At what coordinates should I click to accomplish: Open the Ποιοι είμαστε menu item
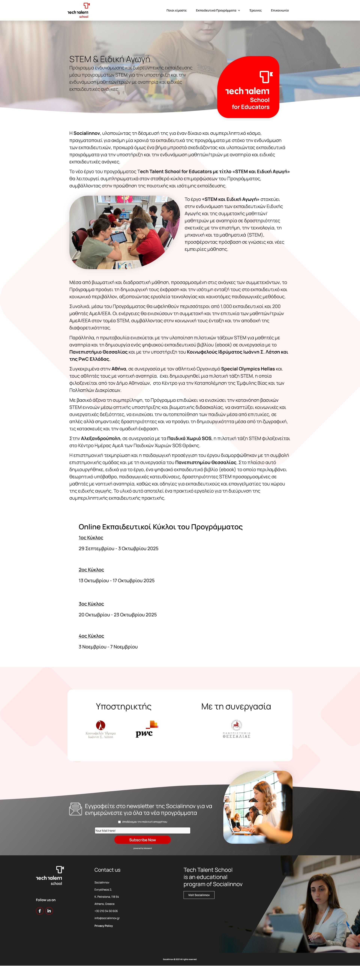(x=176, y=11)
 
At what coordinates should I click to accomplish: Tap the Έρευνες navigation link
(x=255, y=11)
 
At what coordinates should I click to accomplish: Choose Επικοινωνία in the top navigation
(x=280, y=11)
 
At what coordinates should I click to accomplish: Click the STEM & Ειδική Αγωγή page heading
(x=109, y=59)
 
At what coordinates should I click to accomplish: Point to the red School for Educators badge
(x=248, y=87)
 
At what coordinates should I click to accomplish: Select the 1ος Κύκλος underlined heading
(x=91, y=538)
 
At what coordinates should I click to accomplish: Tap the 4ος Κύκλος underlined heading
(x=91, y=636)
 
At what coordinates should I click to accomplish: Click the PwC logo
(x=146, y=729)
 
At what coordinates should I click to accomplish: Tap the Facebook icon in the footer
(x=40, y=911)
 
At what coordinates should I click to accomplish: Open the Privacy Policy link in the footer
(x=103, y=926)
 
